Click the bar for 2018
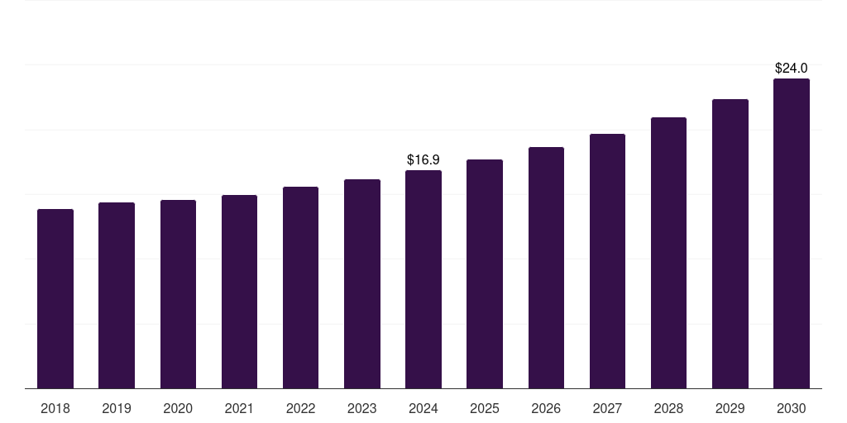click(55, 298)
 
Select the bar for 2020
click(178, 294)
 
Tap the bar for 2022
click(300, 288)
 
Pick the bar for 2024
click(423, 279)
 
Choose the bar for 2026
click(546, 268)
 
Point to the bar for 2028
click(668, 253)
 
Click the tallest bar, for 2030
click(792, 233)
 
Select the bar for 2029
click(730, 244)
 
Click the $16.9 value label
click(423, 160)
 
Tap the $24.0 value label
click(792, 69)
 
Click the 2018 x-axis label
click(55, 409)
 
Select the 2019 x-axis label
click(117, 409)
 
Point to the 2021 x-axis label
click(239, 409)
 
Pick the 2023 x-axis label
click(362, 409)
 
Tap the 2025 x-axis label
click(485, 409)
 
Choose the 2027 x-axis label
click(607, 409)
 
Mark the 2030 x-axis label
click(792, 409)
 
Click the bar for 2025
click(485, 273)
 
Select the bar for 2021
click(239, 292)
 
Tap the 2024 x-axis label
click(423, 409)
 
